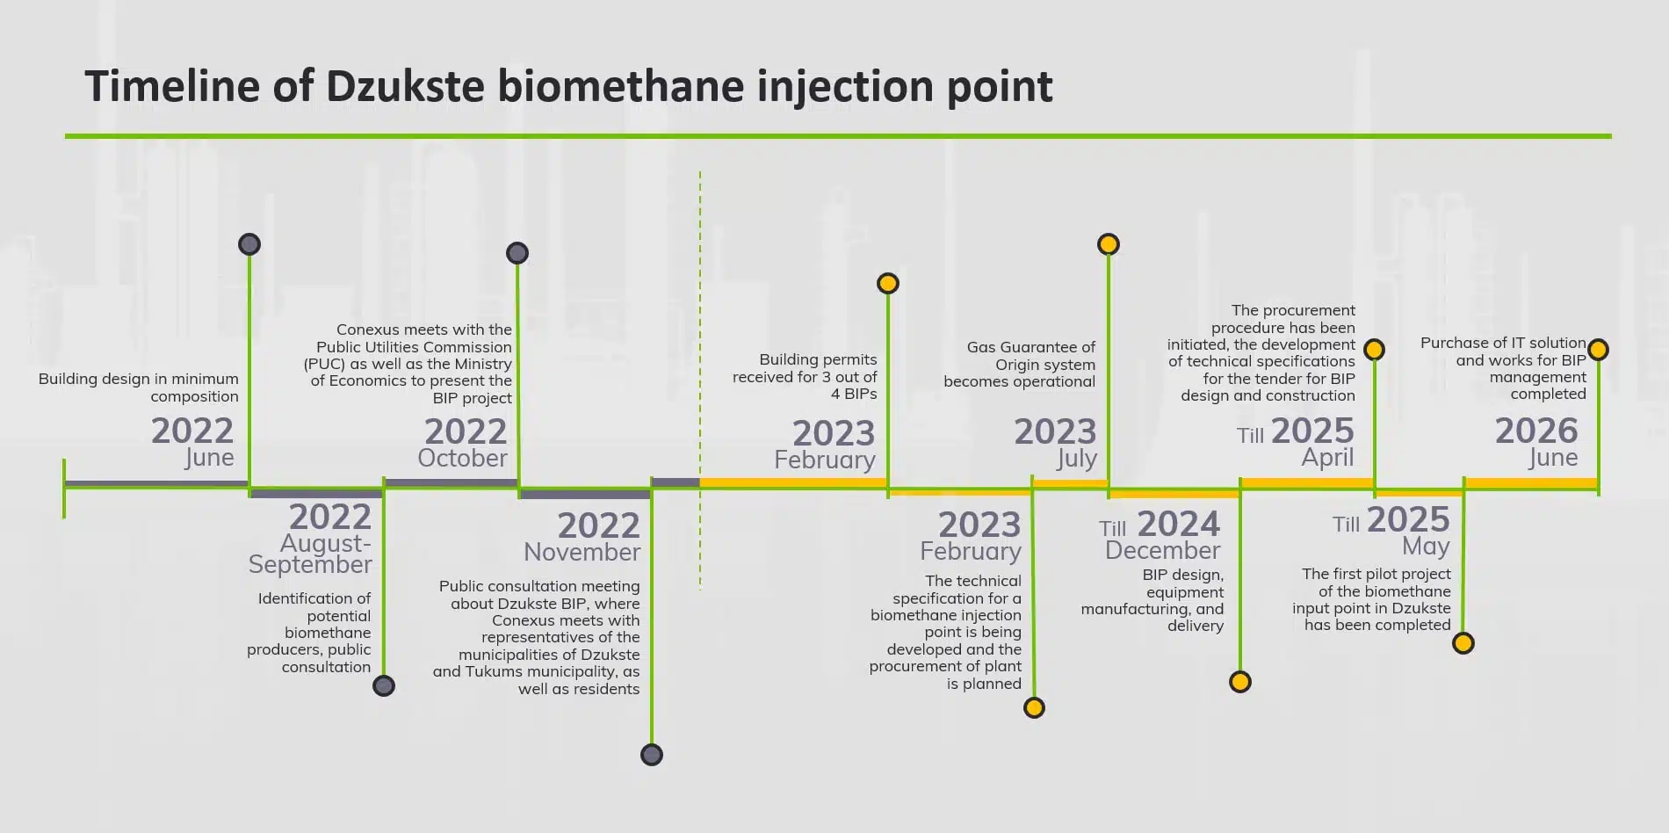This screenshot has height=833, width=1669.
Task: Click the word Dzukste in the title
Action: coord(405,86)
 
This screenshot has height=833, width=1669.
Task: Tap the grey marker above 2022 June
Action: coord(249,244)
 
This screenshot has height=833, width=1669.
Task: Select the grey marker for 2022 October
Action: coord(517,253)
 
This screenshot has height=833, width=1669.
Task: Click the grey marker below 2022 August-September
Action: coord(384,685)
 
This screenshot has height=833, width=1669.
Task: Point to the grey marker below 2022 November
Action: coord(652,755)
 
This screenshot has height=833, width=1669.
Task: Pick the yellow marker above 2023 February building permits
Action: coord(888,283)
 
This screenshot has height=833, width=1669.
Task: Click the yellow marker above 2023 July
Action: coord(1109,244)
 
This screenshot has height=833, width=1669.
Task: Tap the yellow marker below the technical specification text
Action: coord(1035,707)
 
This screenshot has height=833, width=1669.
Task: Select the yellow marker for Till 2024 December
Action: coord(1240,682)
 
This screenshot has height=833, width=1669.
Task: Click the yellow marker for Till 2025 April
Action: coord(1375,350)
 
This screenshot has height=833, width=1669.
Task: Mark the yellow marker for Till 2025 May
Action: coord(1463,643)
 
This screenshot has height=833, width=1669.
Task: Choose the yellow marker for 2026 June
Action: coord(1599,350)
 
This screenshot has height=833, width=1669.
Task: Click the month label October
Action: coord(462,458)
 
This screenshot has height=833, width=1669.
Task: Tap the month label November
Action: coord(582,552)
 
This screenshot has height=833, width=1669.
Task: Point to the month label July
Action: coord(1077,460)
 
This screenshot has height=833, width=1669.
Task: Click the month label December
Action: coord(1163,550)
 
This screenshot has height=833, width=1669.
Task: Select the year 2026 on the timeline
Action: coord(1536,431)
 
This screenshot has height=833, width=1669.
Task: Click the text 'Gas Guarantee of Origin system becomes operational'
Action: coord(1020,365)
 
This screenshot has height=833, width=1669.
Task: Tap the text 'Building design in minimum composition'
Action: coord(139,388)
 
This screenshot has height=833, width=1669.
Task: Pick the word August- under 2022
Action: coord(326,543)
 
